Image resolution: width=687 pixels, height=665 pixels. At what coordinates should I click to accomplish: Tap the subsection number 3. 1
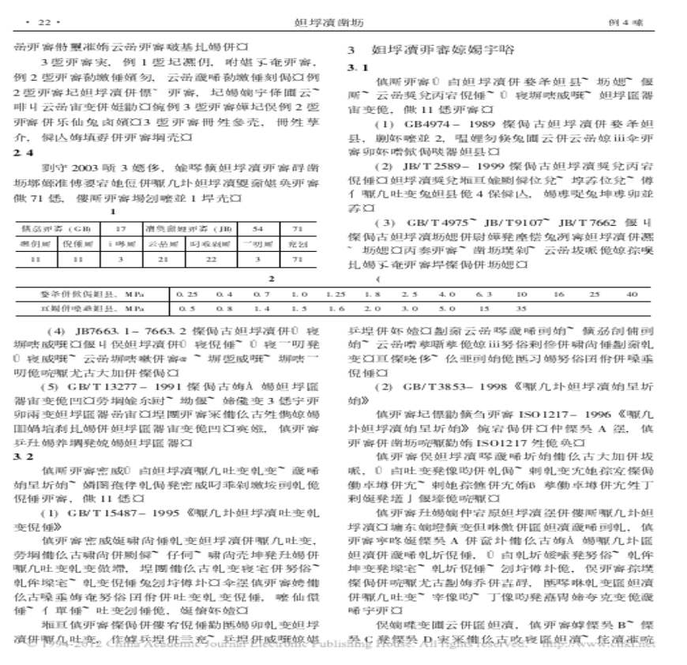(x=356, y=69)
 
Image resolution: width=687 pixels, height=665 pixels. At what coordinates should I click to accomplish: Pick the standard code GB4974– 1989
(x=426, y=124)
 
